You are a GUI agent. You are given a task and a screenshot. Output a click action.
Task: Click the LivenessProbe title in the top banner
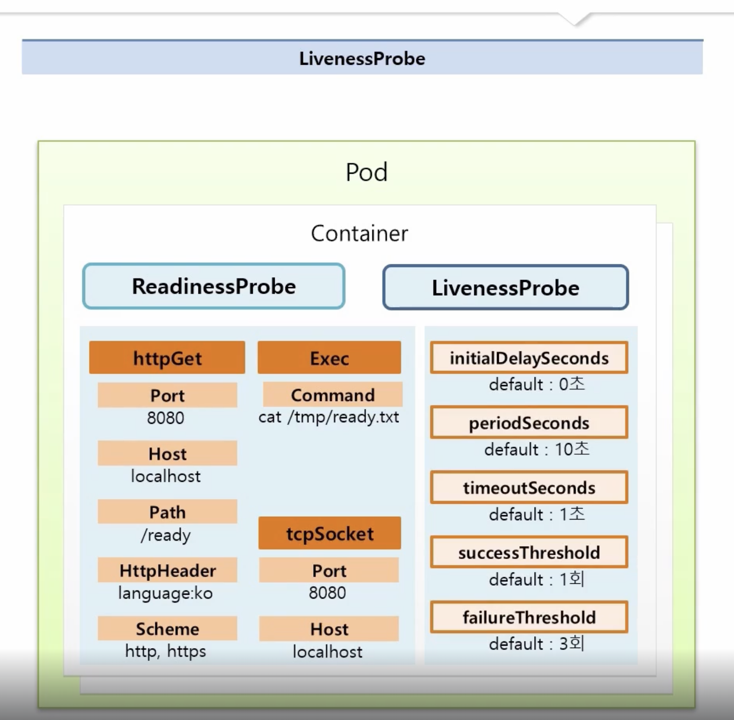coord(362,59)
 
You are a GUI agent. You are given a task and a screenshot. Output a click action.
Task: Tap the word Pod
coord(367,172)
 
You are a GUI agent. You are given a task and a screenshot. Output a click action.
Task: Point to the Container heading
coord(359,233)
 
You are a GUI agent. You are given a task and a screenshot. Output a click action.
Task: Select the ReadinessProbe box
coord(214,286)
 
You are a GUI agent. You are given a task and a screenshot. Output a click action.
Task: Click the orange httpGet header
coord(167,358)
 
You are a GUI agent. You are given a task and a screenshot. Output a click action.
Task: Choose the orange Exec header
coord(329,358)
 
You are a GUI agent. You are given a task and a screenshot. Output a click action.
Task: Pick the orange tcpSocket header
coord(329,533)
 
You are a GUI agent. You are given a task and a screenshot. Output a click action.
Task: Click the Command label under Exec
coord(333,395)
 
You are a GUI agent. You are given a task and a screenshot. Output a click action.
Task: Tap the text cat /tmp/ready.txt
coord(328,417)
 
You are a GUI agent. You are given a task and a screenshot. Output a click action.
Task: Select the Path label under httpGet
coord(167,512)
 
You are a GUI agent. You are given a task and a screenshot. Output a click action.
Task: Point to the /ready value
coord(166,535)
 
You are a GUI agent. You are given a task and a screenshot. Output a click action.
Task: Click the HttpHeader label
coord(167,570)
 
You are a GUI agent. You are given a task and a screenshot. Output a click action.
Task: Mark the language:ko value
coord(165,593)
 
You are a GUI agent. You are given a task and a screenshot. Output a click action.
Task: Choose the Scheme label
coord(167,629)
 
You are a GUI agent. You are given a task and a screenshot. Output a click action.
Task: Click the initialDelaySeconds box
coord(529,358)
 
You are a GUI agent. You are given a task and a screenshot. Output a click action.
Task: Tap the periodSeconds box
coord(529,422)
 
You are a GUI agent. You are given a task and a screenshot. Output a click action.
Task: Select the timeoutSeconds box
coord(529,487)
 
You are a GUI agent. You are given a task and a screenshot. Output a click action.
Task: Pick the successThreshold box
coord(529,552)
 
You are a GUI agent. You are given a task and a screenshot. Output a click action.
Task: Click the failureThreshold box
coord(529,617)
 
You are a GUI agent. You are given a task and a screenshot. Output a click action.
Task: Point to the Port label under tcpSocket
coord(329,570)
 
